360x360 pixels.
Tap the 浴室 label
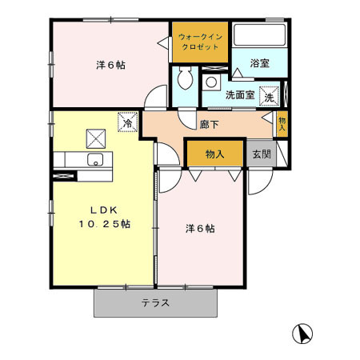coord(258,62)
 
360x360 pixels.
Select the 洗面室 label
coord(240,94)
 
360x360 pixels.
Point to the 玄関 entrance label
coord(261,154)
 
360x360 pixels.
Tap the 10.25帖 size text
coord(103,224)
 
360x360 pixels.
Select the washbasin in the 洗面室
coord(212,82)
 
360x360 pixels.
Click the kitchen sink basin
coord(96,161)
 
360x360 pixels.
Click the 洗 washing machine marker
coord(270,94)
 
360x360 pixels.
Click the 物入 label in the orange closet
coord(214,154)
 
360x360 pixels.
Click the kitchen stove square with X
coord(94,138)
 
